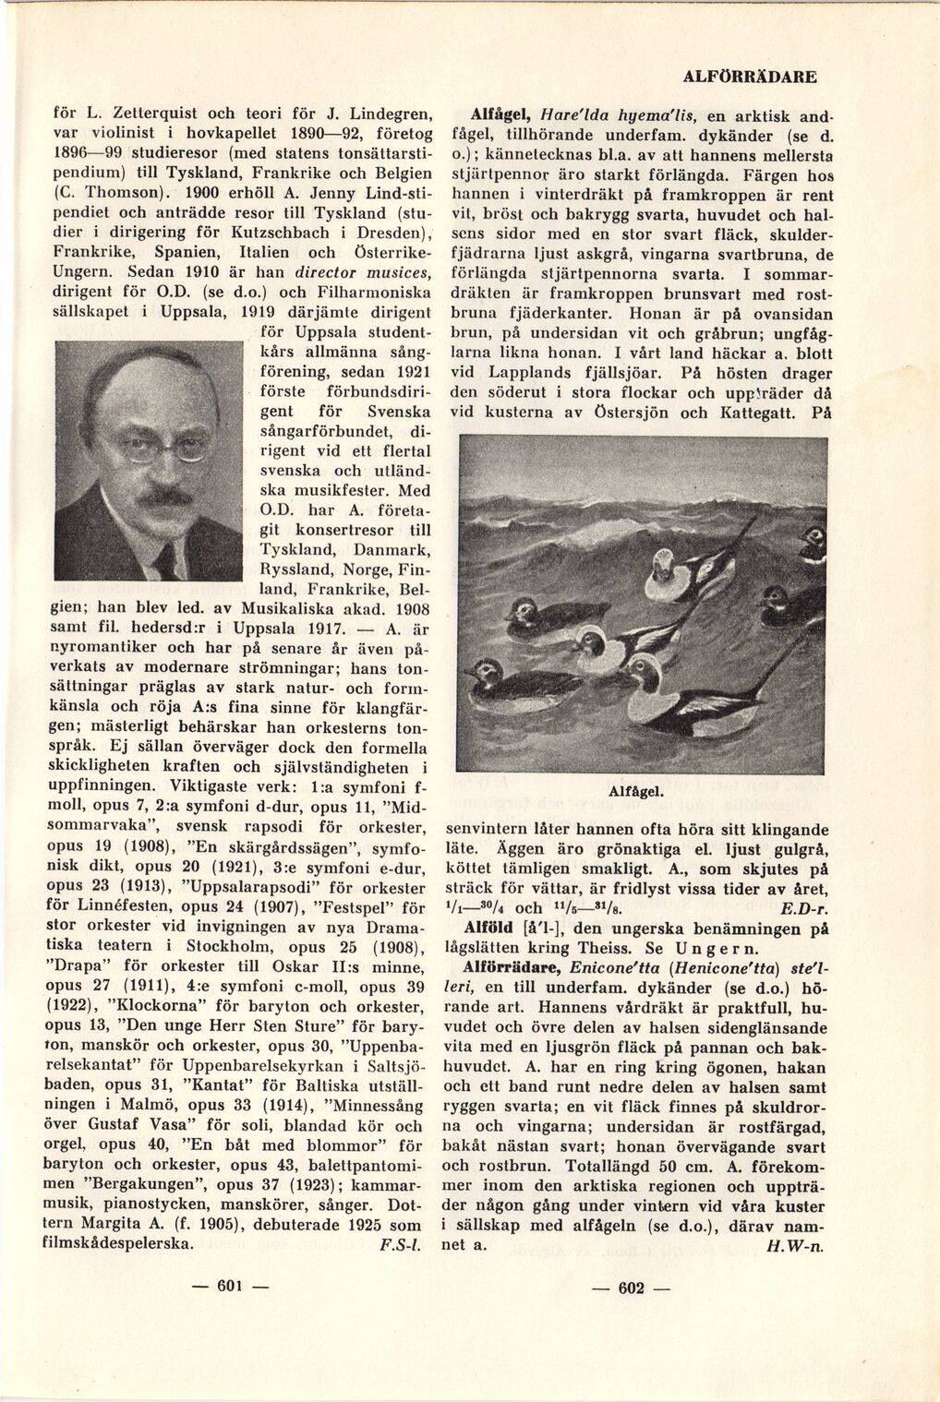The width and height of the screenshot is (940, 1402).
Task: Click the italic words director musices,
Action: (x=350, y=273)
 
